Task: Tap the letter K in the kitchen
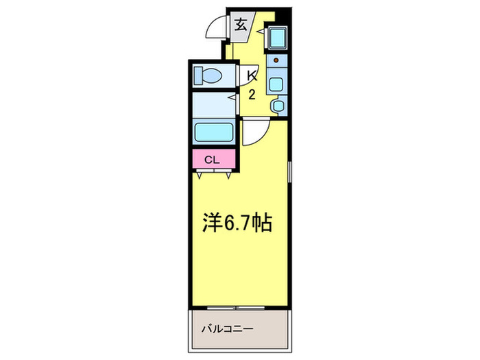252,74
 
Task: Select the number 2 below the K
252,95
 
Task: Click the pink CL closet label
212,160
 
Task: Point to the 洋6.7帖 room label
235,223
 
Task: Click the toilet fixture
208,73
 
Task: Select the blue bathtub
215,132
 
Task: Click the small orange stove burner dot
277,61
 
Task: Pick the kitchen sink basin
277,85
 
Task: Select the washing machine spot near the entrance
277,38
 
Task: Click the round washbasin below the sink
277,106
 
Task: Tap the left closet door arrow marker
200,176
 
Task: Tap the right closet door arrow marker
226,176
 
